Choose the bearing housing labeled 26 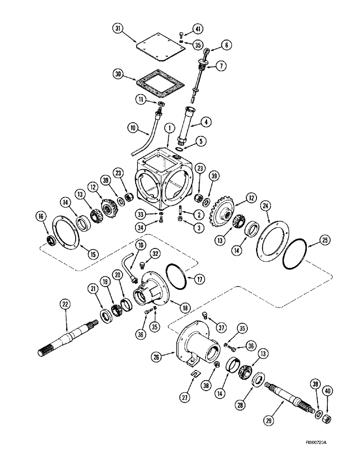(x=196, y=343)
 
